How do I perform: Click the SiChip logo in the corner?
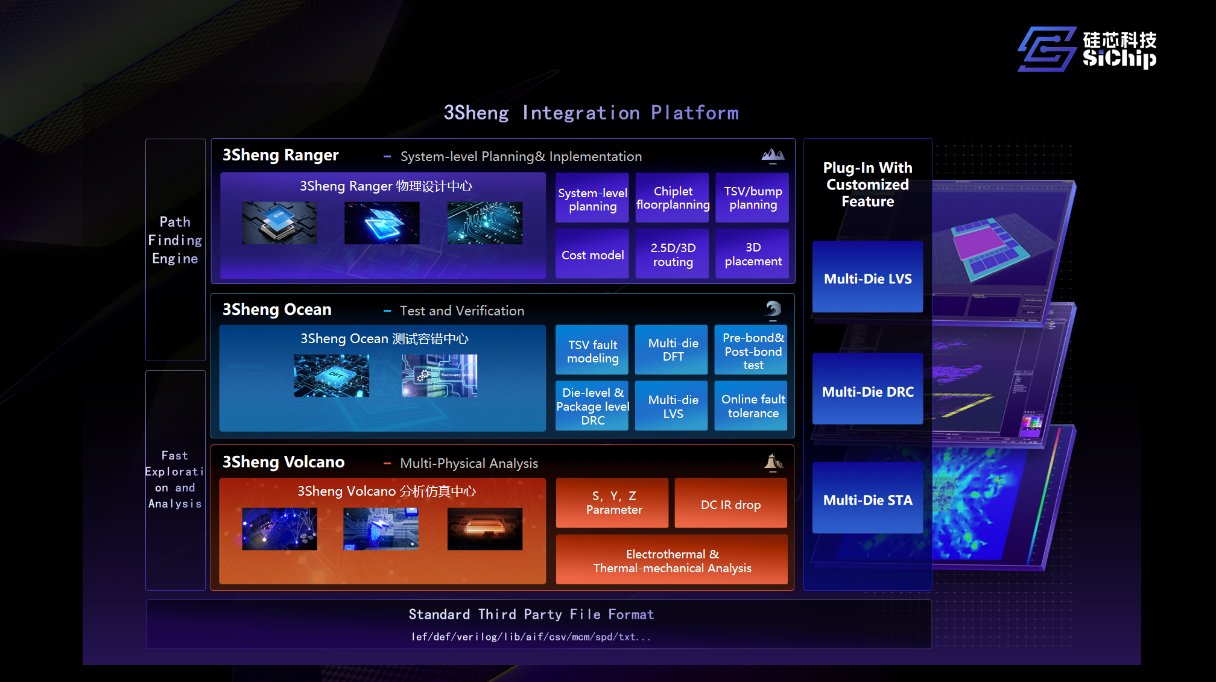1087,49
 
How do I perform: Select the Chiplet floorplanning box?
673,198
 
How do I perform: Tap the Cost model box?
592,254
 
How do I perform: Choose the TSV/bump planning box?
752,198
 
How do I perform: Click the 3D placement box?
752,254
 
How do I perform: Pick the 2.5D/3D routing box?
673,254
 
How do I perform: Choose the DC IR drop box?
731,503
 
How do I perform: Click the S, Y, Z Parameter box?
612,503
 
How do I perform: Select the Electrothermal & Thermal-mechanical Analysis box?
672,560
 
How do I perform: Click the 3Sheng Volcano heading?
283,462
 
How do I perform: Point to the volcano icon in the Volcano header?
773,463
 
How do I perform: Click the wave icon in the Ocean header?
773,310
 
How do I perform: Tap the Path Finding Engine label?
175,240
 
